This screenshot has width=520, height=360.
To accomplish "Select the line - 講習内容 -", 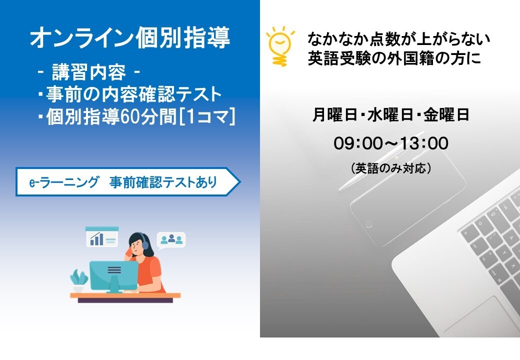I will [x=89, y=73].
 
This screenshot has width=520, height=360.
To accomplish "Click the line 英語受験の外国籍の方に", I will [x=394, y=59].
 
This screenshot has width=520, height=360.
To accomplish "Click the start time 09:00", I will [x=357, y=143].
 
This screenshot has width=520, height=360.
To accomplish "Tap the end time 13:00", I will [x=424, y=143].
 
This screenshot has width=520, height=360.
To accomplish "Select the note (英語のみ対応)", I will [x=391, y=168].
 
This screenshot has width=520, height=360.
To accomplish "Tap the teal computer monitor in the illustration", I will [x=114, y=272].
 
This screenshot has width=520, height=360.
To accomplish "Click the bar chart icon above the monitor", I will [x=101, y=237].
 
